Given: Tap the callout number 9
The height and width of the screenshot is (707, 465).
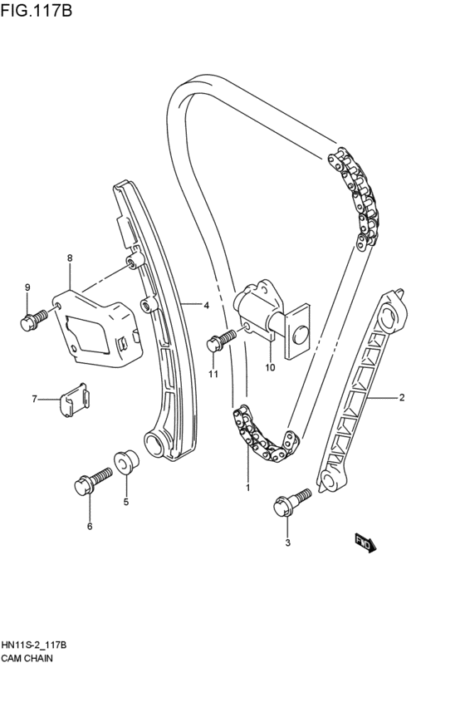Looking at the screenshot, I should point(27,287).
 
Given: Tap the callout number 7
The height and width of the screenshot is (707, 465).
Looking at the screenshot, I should point(35,400).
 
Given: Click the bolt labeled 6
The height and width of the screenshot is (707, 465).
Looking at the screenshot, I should point(93,480).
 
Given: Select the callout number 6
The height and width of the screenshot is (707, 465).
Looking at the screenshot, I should point(90,526).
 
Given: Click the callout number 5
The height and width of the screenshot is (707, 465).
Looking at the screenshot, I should point(126,502).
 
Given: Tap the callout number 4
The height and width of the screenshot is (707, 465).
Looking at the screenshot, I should point(205,305).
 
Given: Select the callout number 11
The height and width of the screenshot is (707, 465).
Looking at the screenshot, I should point(213,375).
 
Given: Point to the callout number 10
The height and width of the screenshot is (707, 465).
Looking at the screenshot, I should point(269,366).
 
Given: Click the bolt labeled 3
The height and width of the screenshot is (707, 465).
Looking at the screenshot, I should point(291,501).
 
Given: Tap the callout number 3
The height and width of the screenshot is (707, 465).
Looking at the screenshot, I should point(287,543).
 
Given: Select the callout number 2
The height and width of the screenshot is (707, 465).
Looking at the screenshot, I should point(401,398).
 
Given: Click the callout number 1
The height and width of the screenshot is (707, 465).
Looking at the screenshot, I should point(247,488).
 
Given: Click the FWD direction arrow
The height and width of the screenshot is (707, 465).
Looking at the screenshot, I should point(365,543).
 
